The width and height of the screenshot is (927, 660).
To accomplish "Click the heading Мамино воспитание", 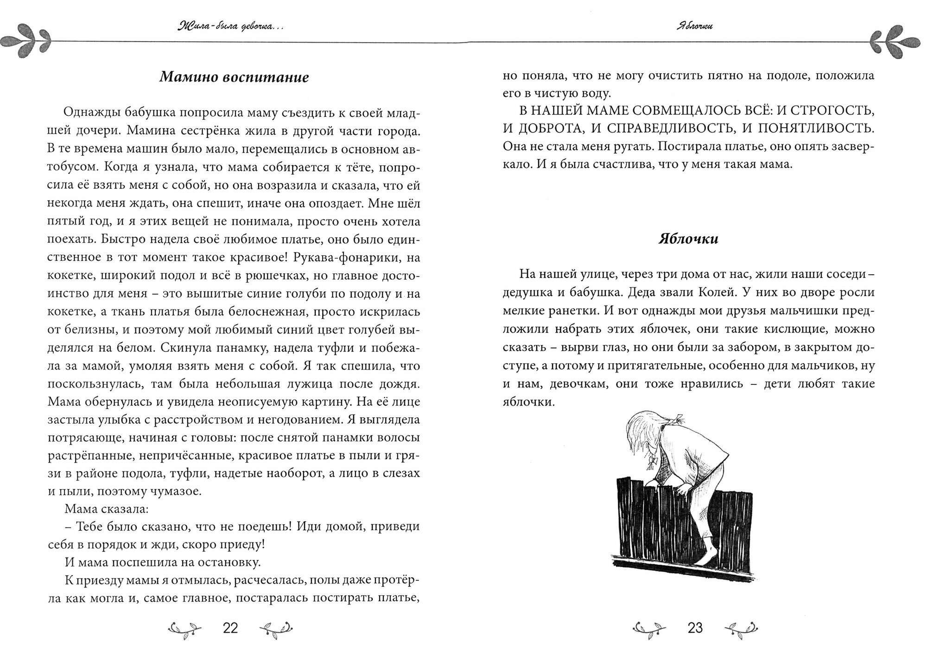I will tap(234, 77).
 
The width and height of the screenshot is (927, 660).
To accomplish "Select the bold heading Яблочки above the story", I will tap(688, 239).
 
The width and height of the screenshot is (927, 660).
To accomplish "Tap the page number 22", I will tap(230, 628).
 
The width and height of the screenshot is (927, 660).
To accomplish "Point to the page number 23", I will tap(695, 628).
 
